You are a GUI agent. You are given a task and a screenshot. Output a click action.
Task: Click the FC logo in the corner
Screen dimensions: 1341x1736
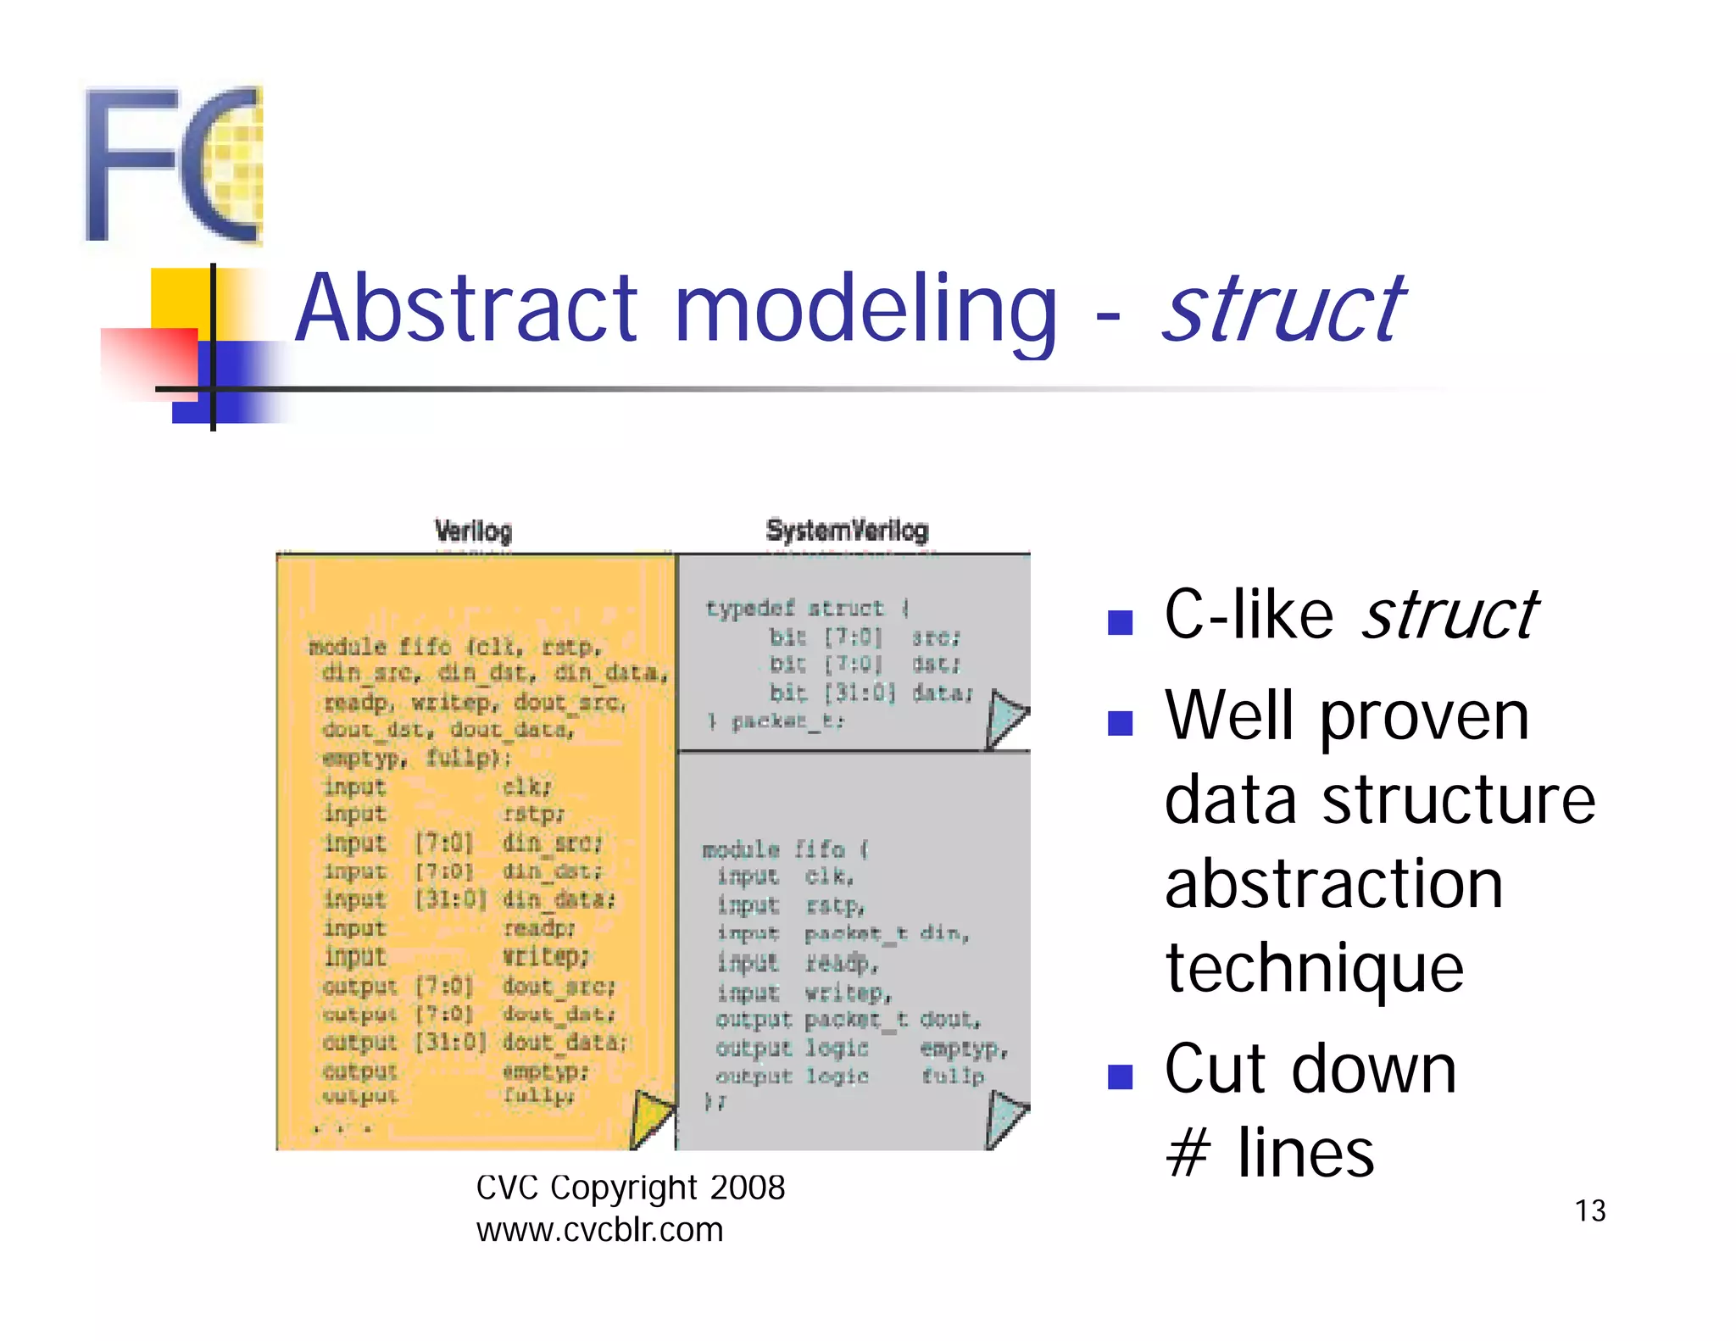[x=174, y=165]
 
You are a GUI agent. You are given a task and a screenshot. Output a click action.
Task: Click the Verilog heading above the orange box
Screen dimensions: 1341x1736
[x=473, y=531]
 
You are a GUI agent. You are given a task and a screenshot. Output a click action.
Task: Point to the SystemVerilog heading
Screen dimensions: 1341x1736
[x=847, y=531]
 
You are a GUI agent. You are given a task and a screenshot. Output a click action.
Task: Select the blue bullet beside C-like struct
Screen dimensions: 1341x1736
[x=1120, y=623]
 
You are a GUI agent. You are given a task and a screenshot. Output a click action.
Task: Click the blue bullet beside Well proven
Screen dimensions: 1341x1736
[x=1120, y=723]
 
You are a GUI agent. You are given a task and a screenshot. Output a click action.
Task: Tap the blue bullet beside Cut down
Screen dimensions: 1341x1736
[x=1120, y=1077]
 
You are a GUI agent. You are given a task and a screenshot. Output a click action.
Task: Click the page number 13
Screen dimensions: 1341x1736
[x=1589, y=1210]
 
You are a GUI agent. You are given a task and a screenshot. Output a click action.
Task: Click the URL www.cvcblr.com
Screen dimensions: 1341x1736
[x=599, y=1230]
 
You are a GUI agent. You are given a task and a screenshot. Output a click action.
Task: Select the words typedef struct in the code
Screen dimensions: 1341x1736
[x=794, y=609]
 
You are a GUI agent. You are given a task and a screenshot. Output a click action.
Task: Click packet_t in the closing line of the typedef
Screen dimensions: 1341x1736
[x=786, y=721]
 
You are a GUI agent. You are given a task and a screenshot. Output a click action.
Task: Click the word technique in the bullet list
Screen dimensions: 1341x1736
[x=1314, y=968]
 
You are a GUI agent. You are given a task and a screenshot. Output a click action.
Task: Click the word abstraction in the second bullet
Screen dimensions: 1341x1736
[x=1333, y=884]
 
